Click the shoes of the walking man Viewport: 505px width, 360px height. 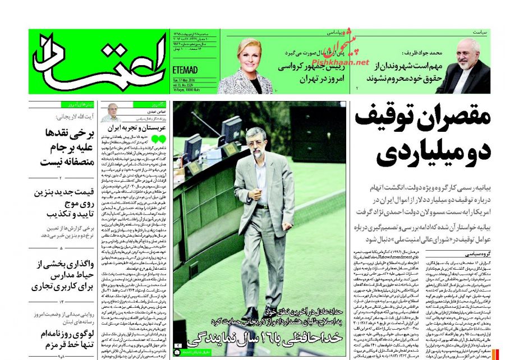[260, 314]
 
